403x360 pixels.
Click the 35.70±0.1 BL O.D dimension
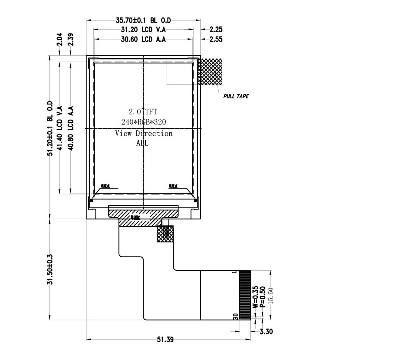pos(143,20)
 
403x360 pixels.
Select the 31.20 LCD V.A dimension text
pos(143,30)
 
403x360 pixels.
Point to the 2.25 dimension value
pos(216,30)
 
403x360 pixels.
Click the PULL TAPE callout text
pos(236,96)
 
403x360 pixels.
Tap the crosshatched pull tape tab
pos(210,71)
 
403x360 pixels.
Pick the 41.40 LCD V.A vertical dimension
pos(60,128)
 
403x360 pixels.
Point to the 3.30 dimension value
pos(266,331)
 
